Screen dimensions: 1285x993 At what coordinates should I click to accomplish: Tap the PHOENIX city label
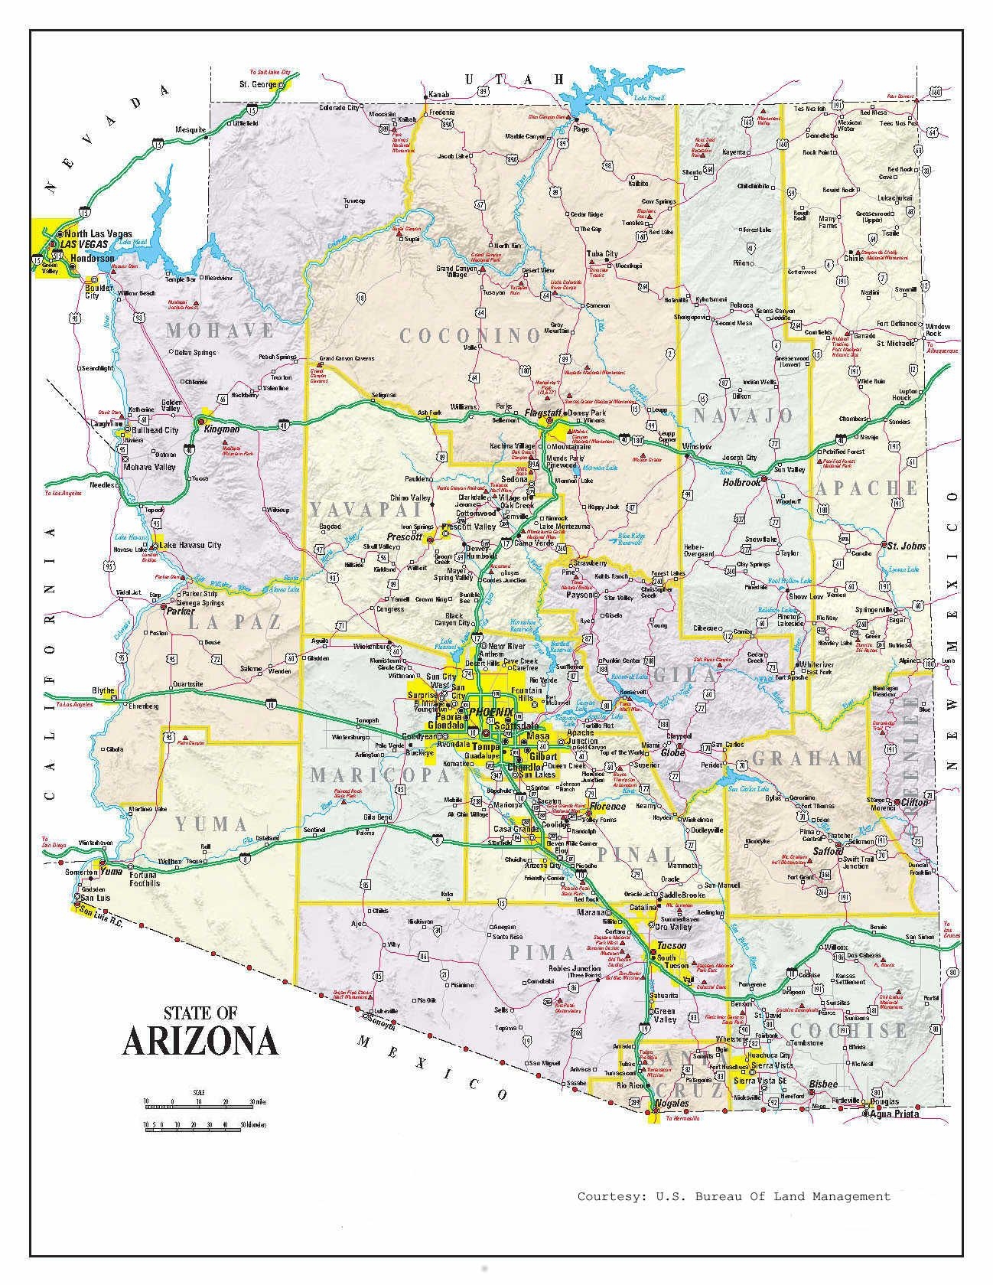pyautogui.click(x=491, y=711)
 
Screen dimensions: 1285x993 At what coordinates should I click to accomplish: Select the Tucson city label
pyautogui.click(x=672, y=945)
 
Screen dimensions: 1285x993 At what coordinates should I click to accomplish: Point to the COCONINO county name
pyautogui.click(x=470, y=335)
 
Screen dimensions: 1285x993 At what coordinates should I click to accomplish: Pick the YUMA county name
pyautogui.click(x=211, y=824)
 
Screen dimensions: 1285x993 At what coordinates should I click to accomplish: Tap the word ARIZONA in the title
pyautogui.click(x=200, y=1041)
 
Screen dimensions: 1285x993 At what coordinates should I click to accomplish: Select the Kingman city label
pyautogui.click(x=222, y=429)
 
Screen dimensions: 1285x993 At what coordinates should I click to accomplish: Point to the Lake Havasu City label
pyautogui.click(x=190, y=545)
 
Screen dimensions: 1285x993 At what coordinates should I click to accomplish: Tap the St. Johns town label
pyautogui.click(x=907, y=546)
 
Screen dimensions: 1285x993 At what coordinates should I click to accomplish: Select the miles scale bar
pyautogui.click(x=199, y=1103)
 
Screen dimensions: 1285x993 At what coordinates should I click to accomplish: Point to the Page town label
pyautogui.click(x=581, y=129)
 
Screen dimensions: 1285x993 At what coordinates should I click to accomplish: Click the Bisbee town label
pyautogui.click(x=822, y=1084)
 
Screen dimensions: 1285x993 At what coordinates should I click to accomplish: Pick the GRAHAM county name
pyautogui.click(x=807, y=758)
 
